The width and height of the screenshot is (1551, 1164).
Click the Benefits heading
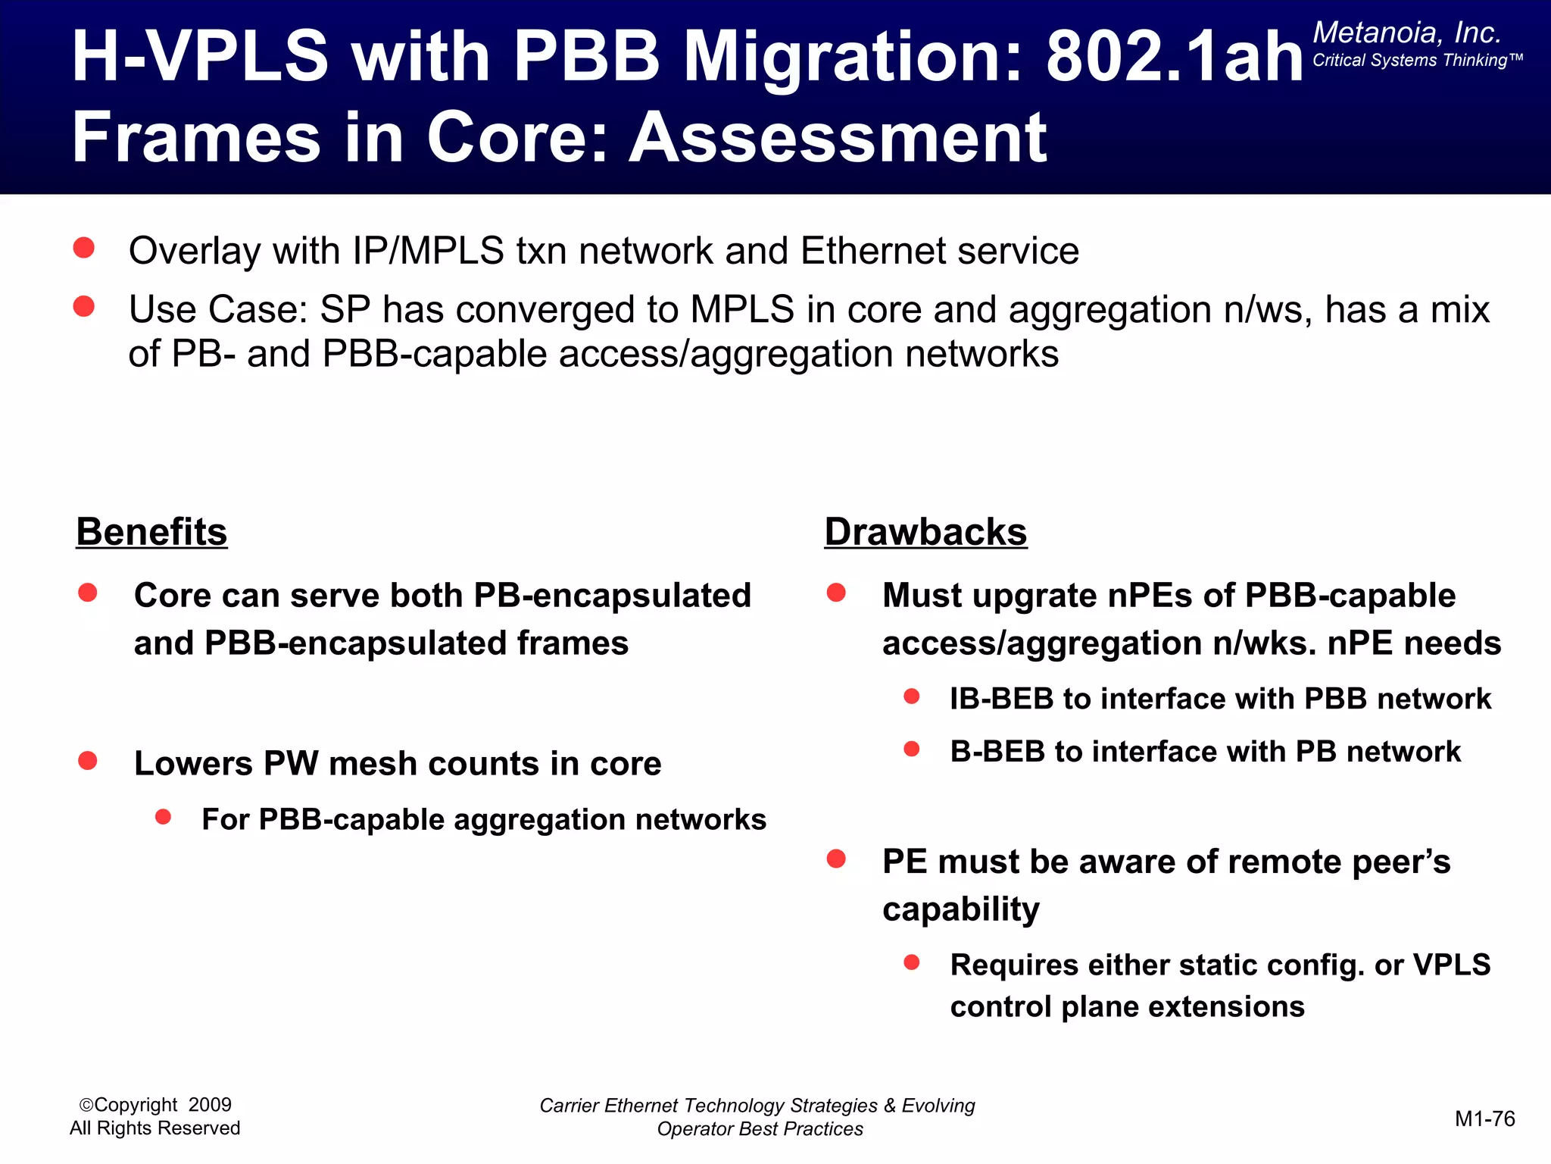(151, 532)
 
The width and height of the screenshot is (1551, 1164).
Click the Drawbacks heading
(925, 532)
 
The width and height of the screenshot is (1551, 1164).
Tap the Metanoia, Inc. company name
(1406, 33)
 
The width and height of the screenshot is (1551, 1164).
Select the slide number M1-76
(1484, 1119)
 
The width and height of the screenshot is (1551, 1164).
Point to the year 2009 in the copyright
(210, 1105)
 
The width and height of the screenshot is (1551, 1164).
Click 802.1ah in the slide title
(1174, 57)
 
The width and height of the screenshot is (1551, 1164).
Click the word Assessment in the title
(838, 138)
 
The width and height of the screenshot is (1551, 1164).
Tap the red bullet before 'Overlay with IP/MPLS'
(84, 248)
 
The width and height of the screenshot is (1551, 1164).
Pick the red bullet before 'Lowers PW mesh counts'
(88, 760)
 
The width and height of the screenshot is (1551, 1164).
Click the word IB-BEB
(1001, 699)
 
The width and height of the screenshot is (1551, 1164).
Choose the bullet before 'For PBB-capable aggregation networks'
(163, 817)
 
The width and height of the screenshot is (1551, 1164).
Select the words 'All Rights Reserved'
(154, 1128)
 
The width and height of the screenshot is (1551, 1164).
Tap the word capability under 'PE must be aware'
(961, 909)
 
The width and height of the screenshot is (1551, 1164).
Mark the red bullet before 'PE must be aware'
(836, 859)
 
